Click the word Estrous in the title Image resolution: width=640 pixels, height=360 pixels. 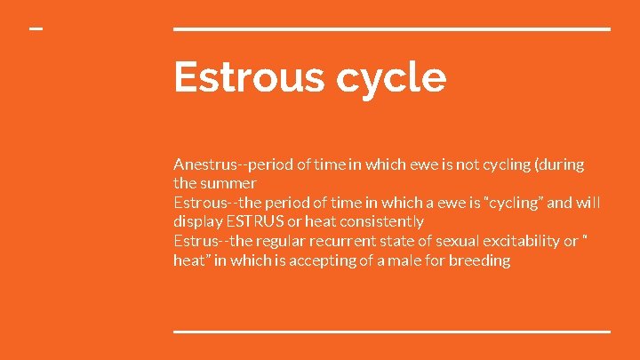(248, 76)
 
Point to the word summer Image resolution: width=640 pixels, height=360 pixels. (229, 183)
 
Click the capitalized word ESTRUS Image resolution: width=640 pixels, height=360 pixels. (255, 221)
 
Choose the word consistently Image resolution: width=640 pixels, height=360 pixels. (380, 221)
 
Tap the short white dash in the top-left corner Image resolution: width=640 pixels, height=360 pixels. (36, 28)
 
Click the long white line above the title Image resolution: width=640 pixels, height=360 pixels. (392, 29)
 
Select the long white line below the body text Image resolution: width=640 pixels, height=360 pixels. (392, 331)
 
